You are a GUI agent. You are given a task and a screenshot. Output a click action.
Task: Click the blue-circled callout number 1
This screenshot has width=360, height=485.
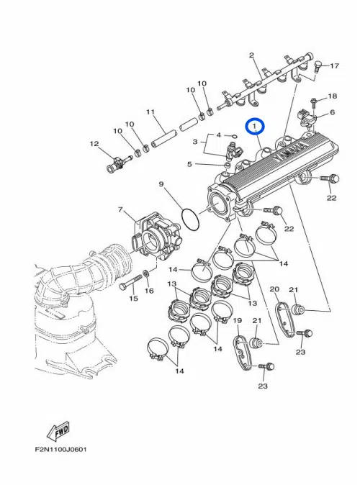coord(254,127)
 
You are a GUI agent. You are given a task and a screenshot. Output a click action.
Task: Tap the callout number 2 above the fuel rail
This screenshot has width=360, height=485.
coord(252,55)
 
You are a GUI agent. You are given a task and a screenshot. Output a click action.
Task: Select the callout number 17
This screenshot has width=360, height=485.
coord(334,65)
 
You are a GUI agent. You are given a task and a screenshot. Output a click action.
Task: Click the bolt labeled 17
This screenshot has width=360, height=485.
coord(318,65)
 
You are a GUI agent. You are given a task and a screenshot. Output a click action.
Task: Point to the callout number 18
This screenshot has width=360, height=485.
coord(333,96)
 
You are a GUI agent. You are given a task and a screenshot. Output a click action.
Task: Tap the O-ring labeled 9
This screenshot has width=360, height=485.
coord(190,219)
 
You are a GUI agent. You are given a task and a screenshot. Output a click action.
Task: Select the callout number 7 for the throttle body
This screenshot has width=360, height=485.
coord(121,209)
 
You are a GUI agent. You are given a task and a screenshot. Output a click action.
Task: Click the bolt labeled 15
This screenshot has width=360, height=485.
coord(130,281)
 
